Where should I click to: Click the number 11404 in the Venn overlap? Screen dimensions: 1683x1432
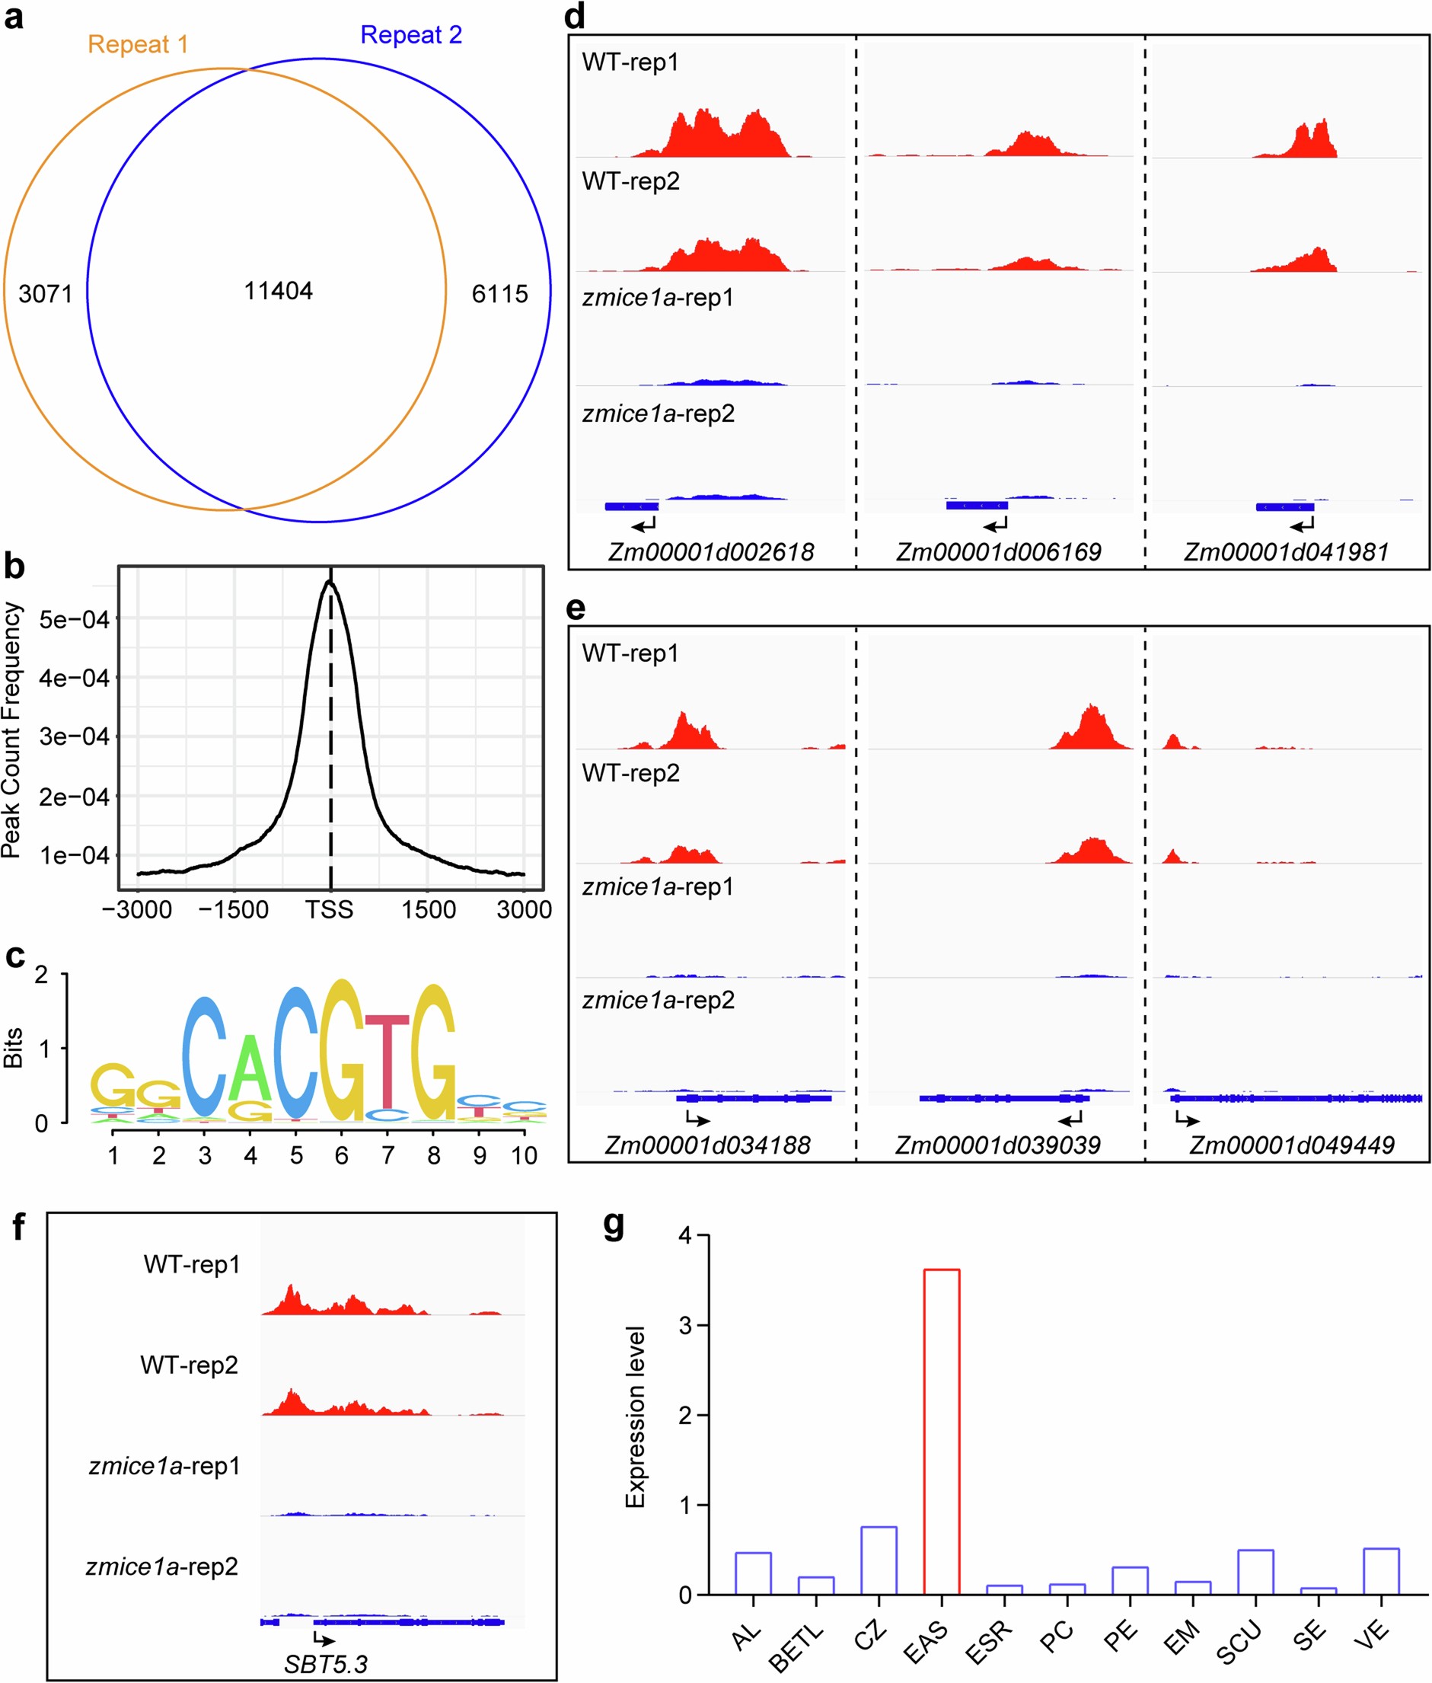278,291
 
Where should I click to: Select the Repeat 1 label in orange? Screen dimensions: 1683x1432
137,44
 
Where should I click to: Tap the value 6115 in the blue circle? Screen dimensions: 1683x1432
499,294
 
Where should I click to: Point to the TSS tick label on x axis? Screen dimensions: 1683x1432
329,909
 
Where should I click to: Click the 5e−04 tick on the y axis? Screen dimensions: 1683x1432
74,619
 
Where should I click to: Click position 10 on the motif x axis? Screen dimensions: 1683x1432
524,1155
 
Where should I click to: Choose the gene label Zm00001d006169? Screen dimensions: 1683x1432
998,552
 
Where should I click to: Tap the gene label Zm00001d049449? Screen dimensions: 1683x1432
1292,1145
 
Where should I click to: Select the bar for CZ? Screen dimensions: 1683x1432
879,1560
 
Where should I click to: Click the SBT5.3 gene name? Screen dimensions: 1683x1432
326,1664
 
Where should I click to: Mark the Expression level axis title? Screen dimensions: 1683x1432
635,1416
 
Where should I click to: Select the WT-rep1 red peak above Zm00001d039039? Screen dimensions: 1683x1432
1091,729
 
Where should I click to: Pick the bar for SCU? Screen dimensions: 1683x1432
1255,1572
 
